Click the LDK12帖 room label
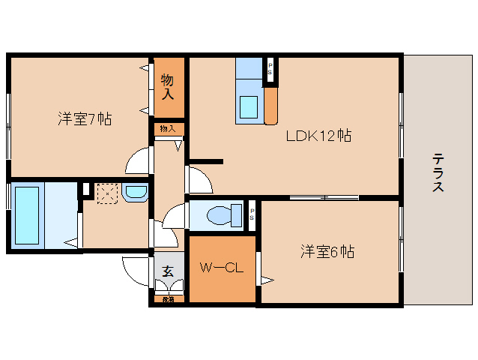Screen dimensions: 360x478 318,136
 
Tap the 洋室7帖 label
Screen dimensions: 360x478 85,118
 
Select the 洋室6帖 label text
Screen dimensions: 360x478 327,251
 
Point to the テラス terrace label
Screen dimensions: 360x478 438,172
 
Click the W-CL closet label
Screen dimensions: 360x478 220,268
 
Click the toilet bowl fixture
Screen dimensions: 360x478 220,216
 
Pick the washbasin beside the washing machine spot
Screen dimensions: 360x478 136,194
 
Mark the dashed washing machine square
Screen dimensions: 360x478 107,194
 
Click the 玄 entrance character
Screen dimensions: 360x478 168,271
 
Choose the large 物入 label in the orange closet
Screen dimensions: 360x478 169,86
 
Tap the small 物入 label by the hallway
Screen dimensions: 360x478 169,129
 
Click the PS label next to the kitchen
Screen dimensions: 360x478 270,70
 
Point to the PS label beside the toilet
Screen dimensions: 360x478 252,215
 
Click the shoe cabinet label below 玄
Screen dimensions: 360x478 169,300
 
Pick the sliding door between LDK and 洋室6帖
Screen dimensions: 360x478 324,197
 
